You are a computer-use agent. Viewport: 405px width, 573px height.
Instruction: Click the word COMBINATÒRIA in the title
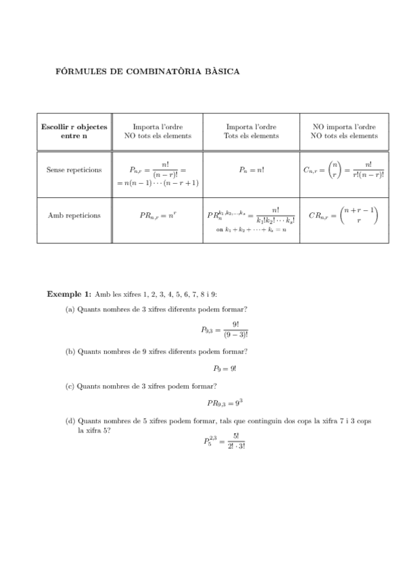(x=170, y=71)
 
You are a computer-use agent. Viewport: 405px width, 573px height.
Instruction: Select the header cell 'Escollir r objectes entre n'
(x=74, y=131)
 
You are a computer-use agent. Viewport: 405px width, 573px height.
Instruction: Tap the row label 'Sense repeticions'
(x=74, y=170)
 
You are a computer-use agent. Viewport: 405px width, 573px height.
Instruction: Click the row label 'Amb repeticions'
(x=74, y=216)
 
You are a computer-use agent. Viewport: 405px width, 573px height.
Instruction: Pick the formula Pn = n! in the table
(x=251, y=170)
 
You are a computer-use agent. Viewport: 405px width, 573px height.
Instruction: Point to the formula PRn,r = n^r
(x=158, y=216)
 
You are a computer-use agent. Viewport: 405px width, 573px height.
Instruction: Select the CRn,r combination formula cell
(x=343, y=216)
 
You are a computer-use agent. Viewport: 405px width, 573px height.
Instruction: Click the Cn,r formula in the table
(x=343, y=170)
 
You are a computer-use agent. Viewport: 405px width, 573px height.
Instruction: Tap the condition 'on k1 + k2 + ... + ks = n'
(x=251, y=230)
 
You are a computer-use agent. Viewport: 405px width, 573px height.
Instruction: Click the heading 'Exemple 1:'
(x=68, y=294)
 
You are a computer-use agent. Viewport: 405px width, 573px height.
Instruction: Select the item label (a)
(x=70, y=309)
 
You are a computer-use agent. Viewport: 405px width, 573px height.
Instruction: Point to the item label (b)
(x=70, y=351)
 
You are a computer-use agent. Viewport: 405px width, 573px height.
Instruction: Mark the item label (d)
(x=70, y=420)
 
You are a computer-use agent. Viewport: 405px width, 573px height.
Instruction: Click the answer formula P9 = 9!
(x=224, y=369)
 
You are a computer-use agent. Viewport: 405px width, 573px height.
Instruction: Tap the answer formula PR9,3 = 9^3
(x=224, y=403)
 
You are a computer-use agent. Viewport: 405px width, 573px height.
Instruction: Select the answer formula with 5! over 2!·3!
(x=224, y=442)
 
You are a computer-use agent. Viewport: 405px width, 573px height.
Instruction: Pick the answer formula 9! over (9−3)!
(x=224, y=329)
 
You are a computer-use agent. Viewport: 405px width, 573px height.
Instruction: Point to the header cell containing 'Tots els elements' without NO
(x=251, y=131)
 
